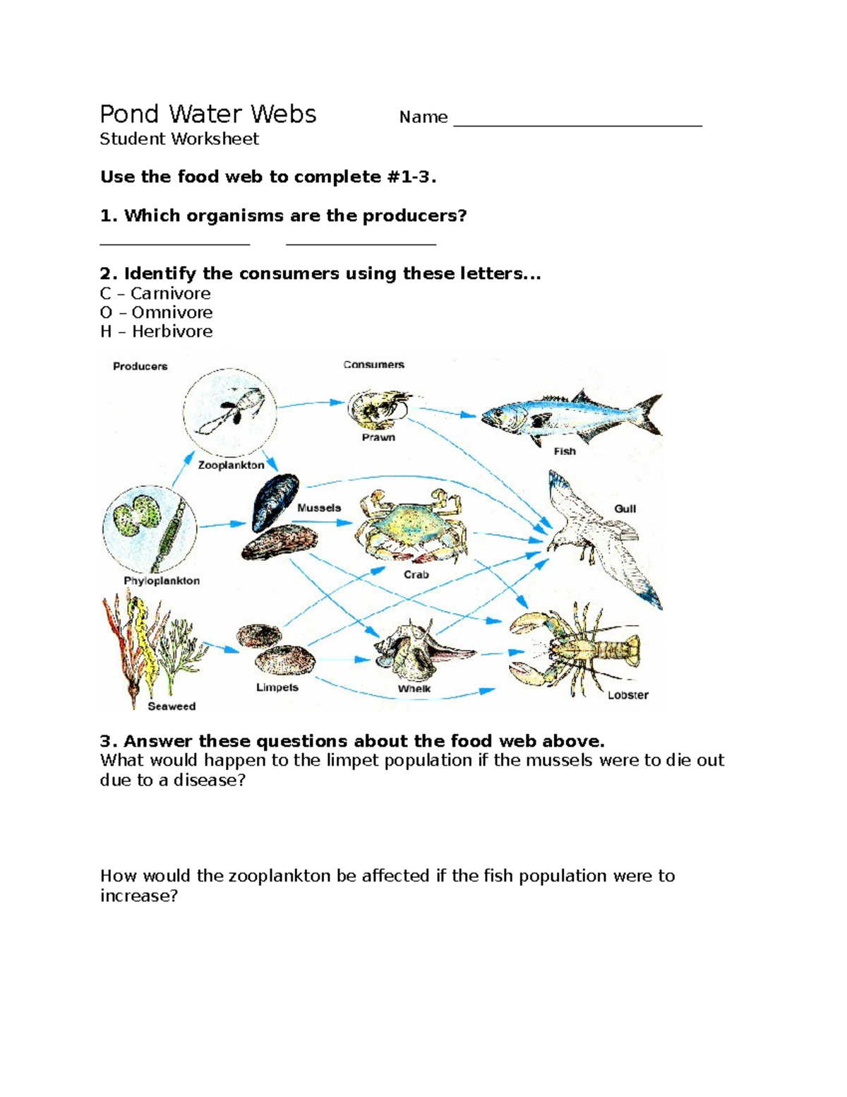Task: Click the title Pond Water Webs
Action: (208, 114)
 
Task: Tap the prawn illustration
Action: (378, 409)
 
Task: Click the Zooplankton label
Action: (231, 466)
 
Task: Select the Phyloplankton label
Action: (162, 581)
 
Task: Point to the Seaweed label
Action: (172, 706)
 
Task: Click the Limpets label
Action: (277, 687)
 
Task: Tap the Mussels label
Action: (319, 508)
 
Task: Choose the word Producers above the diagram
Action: (140, 366)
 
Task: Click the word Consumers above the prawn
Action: (373, 364)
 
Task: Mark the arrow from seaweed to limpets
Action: (221, 648)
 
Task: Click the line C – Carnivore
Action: (155, 293)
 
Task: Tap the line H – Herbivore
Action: (156, 331)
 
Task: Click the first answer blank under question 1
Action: (175, 243)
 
